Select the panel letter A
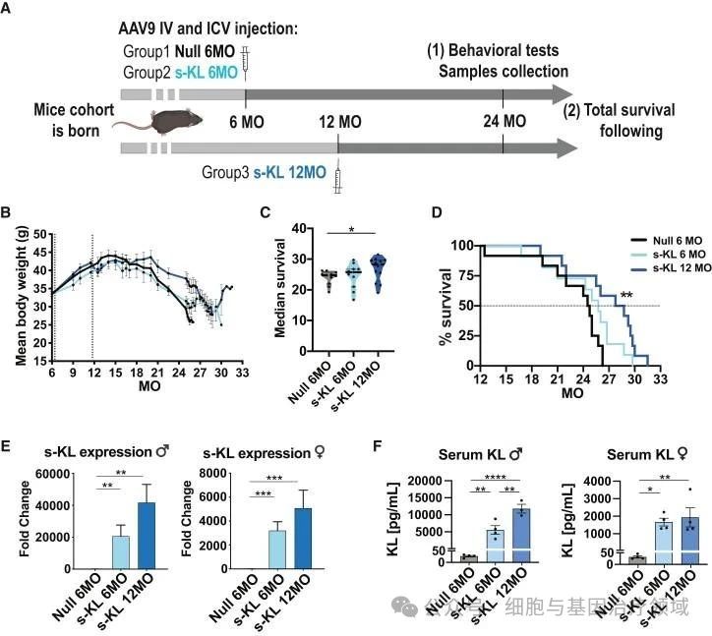pos(8,9)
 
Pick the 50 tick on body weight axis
pos(40,234)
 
